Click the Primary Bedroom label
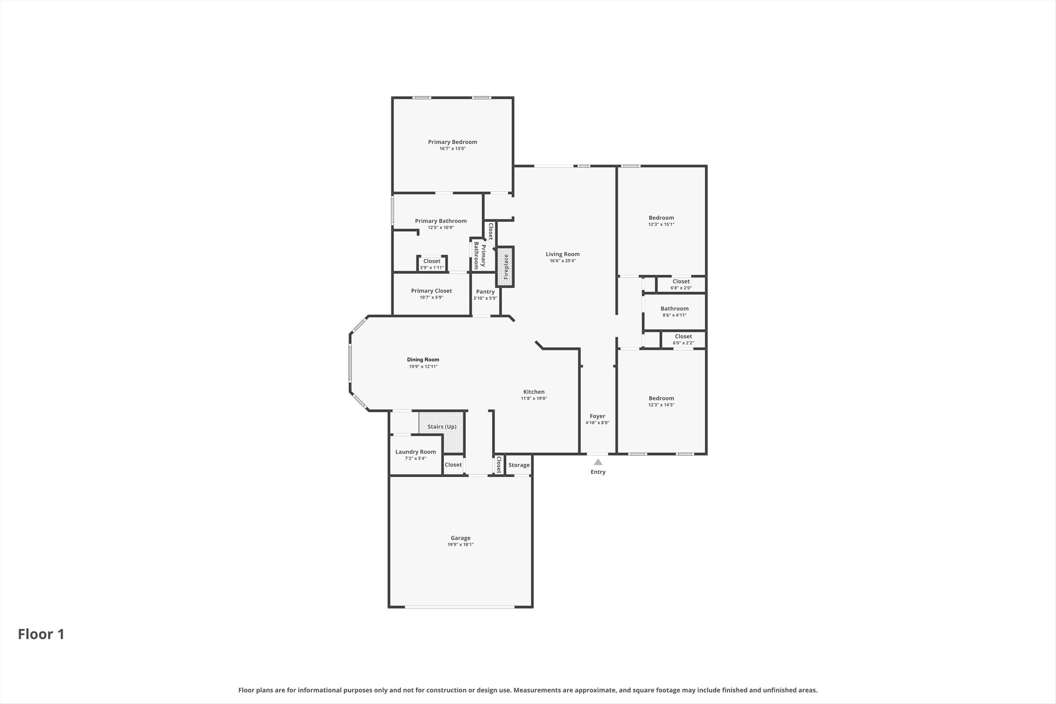(452, 142)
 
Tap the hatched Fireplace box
(505, 267)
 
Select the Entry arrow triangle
(597, 462)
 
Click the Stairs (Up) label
(442, 427)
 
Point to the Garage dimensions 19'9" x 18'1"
(460, 544)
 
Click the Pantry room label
(485, 292)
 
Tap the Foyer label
(597, 416)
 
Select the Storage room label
(519, 465)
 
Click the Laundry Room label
(415, 452)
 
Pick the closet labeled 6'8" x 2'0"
(681, 284)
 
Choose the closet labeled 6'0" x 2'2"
(683, 339)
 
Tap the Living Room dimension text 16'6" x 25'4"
(563, 261)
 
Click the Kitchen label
(533, 392)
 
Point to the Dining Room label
(423, 360)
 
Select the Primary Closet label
(431, 291)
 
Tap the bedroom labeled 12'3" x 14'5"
(661, 399)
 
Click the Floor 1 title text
(41, 634)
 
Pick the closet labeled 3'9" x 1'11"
(431, 264)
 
